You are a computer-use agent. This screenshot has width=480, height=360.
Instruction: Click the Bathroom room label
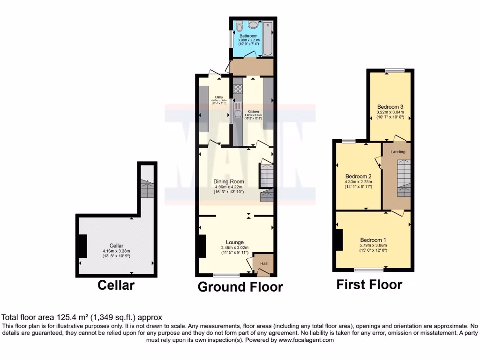(x=248, y=36)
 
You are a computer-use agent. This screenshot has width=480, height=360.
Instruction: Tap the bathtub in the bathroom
(x=268, y=37)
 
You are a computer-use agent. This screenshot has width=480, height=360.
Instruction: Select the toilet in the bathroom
(x=239, y=26)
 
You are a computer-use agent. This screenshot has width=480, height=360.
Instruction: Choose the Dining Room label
(x=229, y=181)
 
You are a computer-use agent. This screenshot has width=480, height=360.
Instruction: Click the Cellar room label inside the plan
(x=116, y=245)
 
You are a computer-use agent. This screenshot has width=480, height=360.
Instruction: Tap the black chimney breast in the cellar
(x=82, y=246)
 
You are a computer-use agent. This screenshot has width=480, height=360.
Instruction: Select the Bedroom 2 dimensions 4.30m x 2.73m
(x=358, y=182)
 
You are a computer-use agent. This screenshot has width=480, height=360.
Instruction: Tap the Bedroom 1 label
(x=373, y=239)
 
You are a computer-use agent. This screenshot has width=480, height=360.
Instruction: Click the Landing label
(x=398, y=152)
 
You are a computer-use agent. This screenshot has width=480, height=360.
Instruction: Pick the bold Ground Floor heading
(x=240, y=286)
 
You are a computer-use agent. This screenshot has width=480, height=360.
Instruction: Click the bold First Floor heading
(x=369, y=285)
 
